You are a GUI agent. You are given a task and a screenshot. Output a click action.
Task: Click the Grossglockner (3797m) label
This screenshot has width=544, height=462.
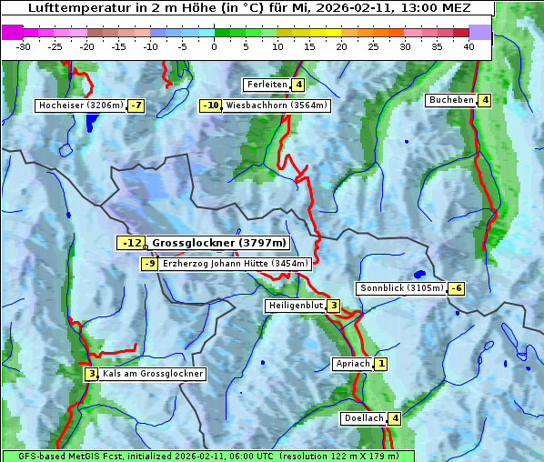tap(218, 243)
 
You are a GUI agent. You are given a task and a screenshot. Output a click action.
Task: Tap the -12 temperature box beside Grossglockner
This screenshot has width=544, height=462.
tap(131, 243)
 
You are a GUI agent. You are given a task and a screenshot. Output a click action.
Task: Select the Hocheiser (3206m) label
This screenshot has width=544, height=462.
tap(81, 105)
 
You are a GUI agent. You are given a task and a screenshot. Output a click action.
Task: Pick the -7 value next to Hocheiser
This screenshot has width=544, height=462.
tap(136, 105)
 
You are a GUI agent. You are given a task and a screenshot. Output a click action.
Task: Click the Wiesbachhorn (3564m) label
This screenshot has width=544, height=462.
tap(277, 105)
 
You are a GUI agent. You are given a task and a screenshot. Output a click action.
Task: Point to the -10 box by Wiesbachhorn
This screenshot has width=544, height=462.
tap(211, 105)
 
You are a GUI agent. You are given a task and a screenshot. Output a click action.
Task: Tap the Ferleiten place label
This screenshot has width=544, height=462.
tap(267, 85)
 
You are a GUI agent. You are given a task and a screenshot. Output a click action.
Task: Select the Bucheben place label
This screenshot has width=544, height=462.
tap(451, 99)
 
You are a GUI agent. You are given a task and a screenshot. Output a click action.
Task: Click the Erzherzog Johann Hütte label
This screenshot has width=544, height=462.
tap(236, 264)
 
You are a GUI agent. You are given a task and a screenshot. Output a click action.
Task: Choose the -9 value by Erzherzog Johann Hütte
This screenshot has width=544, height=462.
tap(150, 264)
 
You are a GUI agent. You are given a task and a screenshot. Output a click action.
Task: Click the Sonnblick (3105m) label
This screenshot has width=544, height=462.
tap(401, 288)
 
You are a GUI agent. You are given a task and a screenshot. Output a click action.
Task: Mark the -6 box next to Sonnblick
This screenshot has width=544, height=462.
tap(457, 288)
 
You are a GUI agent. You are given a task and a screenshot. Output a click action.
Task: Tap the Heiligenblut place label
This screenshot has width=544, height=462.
tap(296, 306)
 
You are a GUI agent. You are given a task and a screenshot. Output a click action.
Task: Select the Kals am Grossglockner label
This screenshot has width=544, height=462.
tap(152, 374)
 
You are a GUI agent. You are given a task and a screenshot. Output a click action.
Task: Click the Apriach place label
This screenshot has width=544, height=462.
tap(353, 364)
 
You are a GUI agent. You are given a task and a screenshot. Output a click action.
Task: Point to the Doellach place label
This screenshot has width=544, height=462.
tap(364, 418)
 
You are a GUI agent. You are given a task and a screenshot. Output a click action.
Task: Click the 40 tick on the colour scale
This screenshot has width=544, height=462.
tap(468, 45)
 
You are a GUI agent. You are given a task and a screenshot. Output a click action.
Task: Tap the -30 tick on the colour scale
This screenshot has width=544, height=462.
tap(24, 45)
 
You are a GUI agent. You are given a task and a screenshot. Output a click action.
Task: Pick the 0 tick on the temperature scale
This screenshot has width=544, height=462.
tap(214, 45)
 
